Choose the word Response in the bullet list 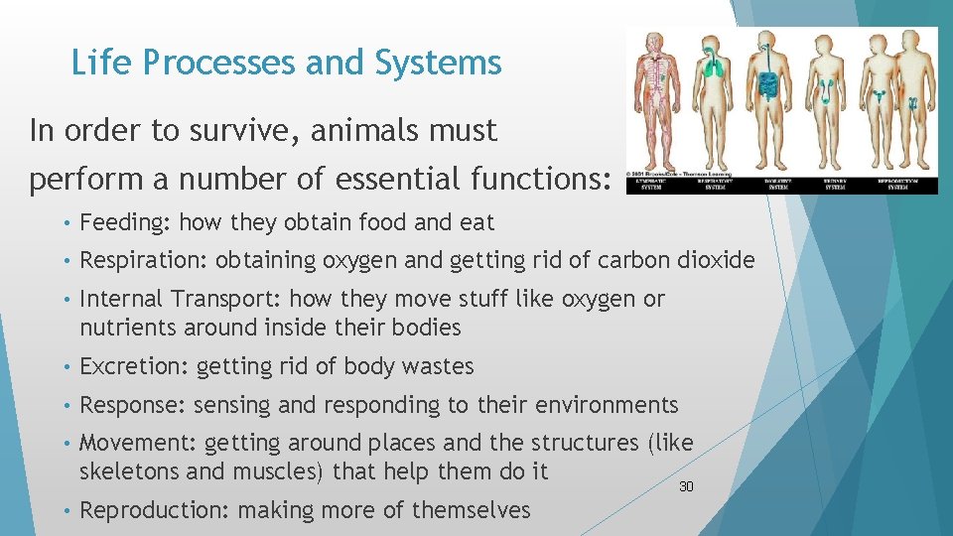click(x=132, y=405)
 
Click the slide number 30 click(x=686, y=486)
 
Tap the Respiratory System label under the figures click(x=713, y=184)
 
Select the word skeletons click(x=126, y=471)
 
